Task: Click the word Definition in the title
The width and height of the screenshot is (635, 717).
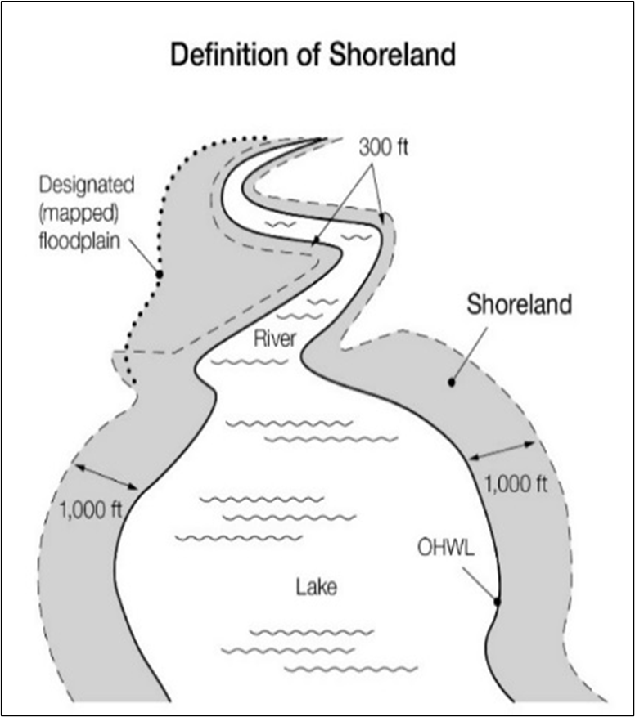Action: click(219, 56)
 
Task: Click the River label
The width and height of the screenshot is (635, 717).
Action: click(274, 338)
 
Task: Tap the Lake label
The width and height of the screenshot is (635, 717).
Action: click(317, 586)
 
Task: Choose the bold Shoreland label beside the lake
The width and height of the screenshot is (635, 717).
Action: click(519, 306)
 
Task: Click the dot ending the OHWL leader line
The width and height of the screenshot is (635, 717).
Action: click(497, 602)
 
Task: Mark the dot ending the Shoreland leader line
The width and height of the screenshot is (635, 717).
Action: click(451, 382)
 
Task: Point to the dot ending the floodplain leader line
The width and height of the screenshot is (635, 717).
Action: click(160, 273)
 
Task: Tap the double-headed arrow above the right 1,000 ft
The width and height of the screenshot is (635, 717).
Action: click(502, 450)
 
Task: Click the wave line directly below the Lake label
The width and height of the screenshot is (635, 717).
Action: click(312, 632)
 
